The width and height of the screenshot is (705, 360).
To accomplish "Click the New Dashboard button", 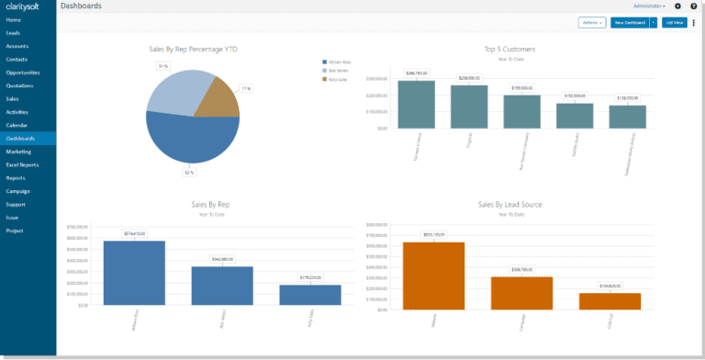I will click(x=630, y=22).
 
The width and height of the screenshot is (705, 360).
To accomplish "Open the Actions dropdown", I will click(x=592, y=22).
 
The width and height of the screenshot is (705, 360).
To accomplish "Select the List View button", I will click(x=674, y=22).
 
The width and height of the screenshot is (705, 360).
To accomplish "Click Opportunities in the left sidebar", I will click(x=23, y=72).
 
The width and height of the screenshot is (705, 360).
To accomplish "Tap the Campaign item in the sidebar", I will click(x=18, y=191).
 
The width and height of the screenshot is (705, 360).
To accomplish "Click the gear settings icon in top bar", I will click(x=677, y=6).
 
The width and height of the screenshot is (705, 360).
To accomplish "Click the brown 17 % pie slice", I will click(x=218, y=98).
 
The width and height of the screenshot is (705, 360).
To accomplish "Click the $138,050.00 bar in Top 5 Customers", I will click(x=628, y=117).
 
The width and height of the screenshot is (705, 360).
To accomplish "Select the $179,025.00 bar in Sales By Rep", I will click(x=309, y=294).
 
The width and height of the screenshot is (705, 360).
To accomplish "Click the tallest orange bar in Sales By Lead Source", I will click(x=433, y=274).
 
